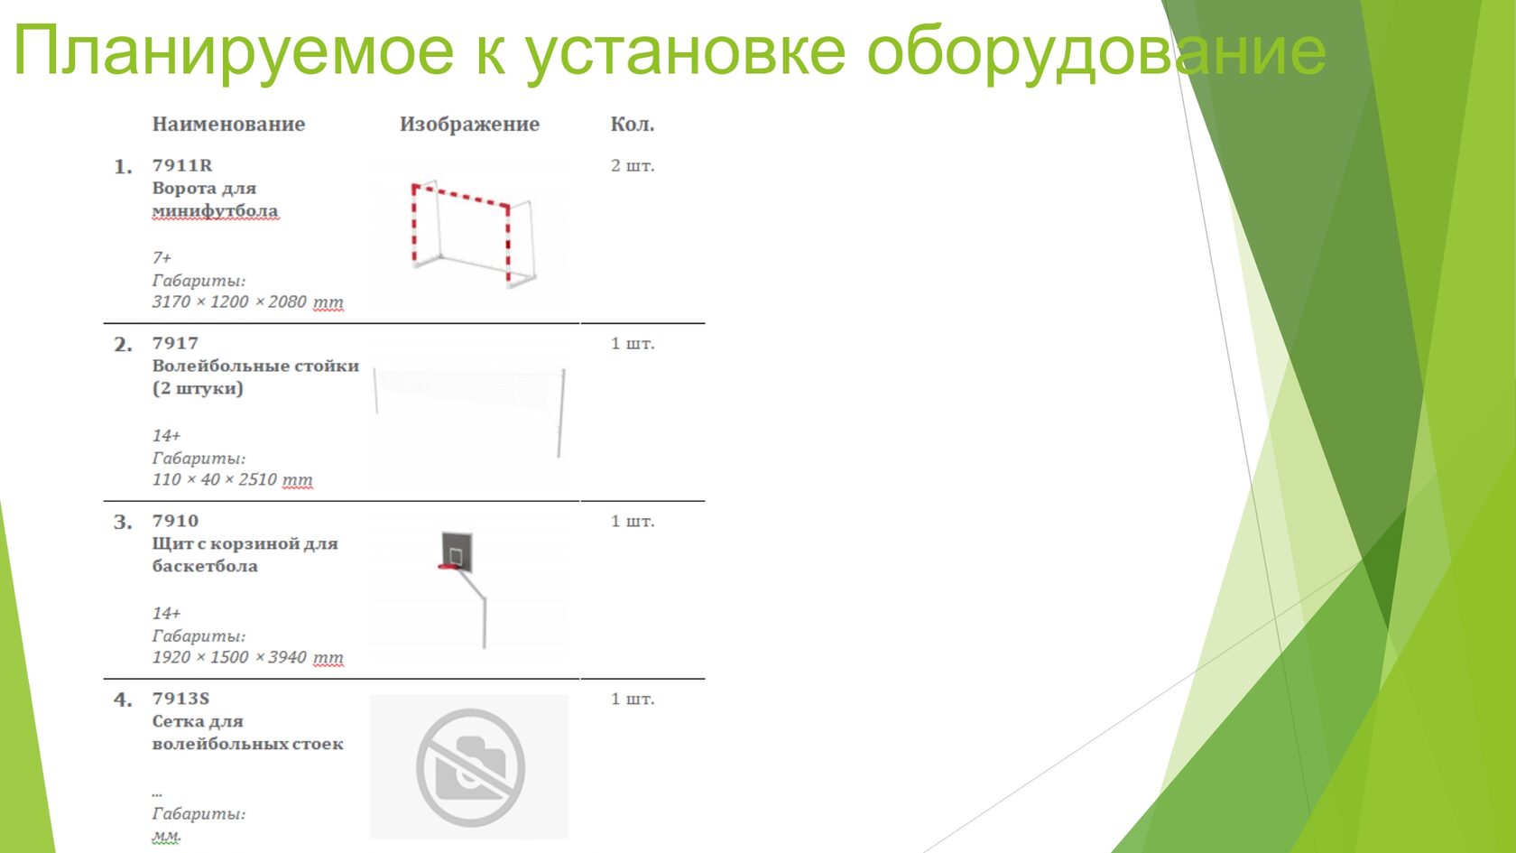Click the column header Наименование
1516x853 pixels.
point(229,124)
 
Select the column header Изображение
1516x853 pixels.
point(469,124)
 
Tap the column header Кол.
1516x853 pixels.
point(632,124)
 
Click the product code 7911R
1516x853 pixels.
point(182,165)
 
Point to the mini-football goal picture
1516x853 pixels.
point(473,234)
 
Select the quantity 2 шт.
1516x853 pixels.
point(633,166)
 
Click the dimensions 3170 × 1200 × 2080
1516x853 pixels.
point(229,301)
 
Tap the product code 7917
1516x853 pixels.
point(175,343)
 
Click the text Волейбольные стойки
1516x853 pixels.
point(256,366)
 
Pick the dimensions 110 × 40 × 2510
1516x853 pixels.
point(215,479)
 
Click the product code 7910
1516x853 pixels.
point(175,521)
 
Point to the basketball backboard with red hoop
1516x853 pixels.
point(457,552)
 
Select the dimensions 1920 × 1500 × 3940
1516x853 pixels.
point(229,657)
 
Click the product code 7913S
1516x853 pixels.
point(180,699)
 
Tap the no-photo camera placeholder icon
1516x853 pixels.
point(470,767)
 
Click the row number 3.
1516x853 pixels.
point(123,522)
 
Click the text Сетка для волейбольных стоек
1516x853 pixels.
point(247,733)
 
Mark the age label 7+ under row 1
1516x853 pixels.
point(162,258)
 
